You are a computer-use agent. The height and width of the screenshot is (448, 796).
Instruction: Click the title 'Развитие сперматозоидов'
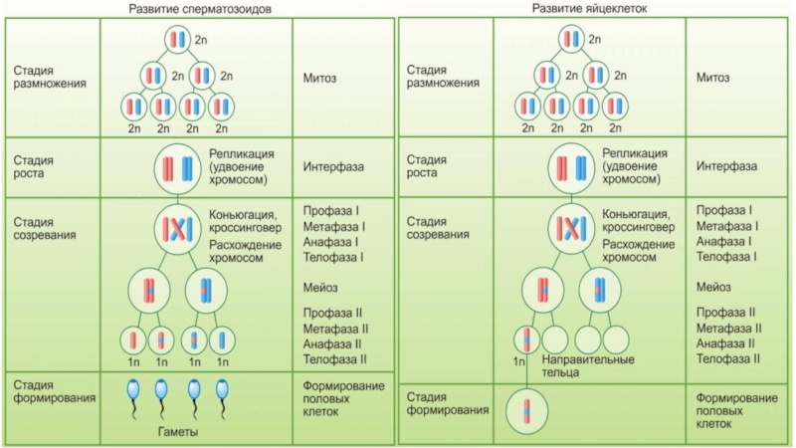201,9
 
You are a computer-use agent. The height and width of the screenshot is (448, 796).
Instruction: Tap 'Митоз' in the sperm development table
320,78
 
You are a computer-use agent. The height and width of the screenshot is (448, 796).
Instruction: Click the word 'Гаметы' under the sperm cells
177,432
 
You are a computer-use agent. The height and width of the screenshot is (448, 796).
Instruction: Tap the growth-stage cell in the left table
176,169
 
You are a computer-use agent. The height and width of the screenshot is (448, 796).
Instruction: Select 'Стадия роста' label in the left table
34,166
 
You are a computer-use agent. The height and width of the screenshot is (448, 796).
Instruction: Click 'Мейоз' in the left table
320,288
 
